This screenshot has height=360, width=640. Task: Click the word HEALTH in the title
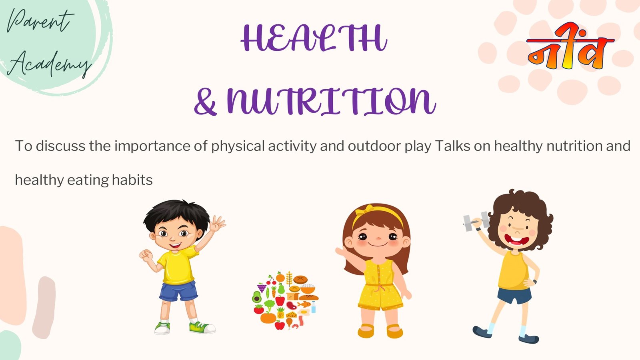pyautogui.click(x=314, y=38)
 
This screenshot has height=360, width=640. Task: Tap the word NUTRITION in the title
pyautogui.click(x=332, y=101)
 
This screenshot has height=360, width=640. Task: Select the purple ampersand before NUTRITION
pyautogui.click(x=205, y=102)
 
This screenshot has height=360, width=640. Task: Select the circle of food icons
pyautogui.click(x=285, y=300)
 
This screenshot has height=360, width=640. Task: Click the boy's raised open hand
pyautogui.click(x=217, y=224)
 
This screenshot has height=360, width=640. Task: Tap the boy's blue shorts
pyautogui.click(x=179, y=291)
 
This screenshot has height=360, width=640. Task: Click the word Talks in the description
pyautogui.click(x=453, y=146)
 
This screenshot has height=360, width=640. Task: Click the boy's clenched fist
pyautogui.click(x=146, y=255)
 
